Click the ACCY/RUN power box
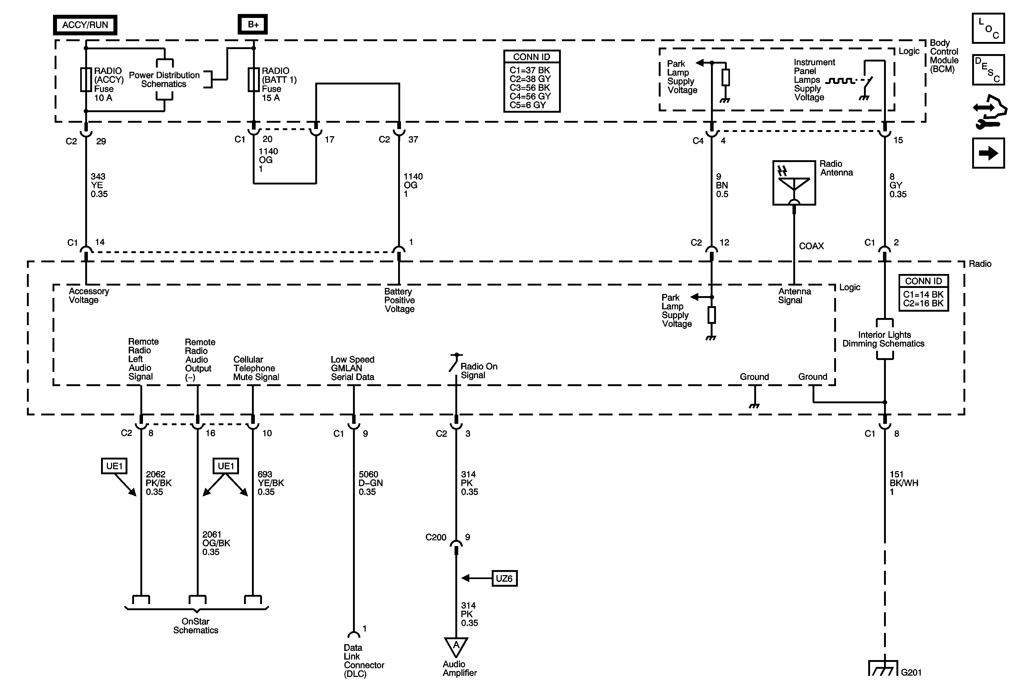pyautogui.click(x=85, y=25)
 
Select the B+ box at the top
pyautogui.click(x=253, y=25)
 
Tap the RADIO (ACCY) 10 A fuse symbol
pyautogui.click(x=86, y=80)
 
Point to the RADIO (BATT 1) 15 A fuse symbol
pyautogui.click(x=253, y=80)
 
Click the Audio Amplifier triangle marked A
pyautogui.click(x=456, y=647)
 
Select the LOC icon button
pyautogui.click(x=988, y=29)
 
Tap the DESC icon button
pyautogui.click(x=988, y=69)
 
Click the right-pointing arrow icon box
pyautogui.click(x=988, y=153)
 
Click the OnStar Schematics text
pyautogui.click(x=196, y=625)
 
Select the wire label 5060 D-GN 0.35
pyautogui.click(x=370, y=483)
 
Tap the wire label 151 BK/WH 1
pyautogui.click(x=904, y=483)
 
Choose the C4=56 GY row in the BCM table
pyautogui.click(x=530, y=96)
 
